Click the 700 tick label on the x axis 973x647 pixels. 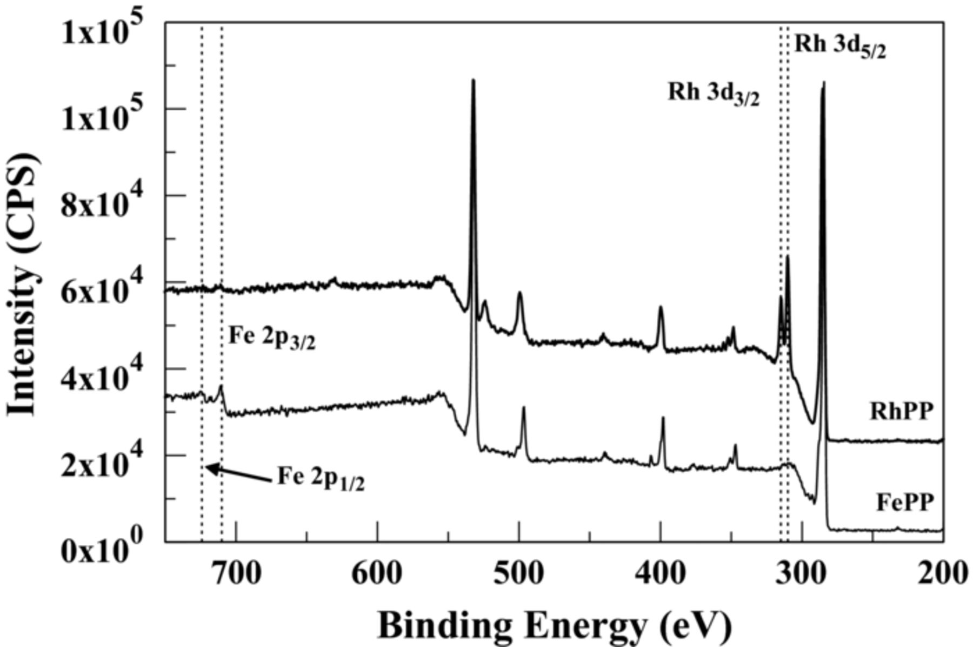click(x=236, y=572)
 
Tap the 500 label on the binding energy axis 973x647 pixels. click(x=519, y=572)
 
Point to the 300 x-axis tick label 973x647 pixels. click(x=802, y=572)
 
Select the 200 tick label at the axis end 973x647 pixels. click(x=943, y=572)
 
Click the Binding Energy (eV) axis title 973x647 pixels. click(x=554, y=625)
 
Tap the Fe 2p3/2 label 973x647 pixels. click(x=272, y=338)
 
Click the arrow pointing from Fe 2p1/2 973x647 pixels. click(x=238, y=474)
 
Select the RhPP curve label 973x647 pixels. click(x=901, y=412)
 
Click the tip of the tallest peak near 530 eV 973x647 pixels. click(x=473, y=81)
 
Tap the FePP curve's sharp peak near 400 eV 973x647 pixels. click(x=663, y=418)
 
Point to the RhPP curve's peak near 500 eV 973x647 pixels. click(x=519, y=293)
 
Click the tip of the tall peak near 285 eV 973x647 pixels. click(x=823, y=83)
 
